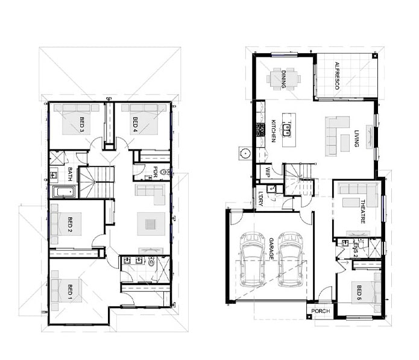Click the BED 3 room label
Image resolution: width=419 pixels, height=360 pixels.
pos(82,125)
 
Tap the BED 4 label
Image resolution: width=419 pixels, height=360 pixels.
pos(135,125)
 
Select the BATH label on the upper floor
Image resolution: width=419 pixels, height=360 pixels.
pos(70,174)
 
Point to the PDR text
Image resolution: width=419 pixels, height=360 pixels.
pos(155,172)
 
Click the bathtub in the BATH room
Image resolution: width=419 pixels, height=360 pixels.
pos(63,191)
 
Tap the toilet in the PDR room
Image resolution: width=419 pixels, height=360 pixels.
pos(164,172)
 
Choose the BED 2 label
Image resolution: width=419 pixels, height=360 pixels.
pos(70,224)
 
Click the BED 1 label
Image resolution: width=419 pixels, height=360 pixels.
pos(70,291)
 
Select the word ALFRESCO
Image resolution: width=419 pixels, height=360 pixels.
pos(337,75)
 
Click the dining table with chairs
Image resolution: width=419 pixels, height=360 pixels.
pos(283,79)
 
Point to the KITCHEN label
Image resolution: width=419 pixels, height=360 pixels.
pos(274,131)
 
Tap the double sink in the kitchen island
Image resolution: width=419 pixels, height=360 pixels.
pos(287,130)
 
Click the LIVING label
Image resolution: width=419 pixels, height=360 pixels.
pos(356,139)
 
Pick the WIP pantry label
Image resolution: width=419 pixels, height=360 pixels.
pos(268,172)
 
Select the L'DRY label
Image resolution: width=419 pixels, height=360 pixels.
pos(261,199)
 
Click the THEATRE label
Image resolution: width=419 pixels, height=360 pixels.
pos(362,212)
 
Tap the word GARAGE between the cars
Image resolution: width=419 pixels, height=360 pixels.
pos(271,248)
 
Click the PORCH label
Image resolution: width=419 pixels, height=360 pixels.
pos(321,311)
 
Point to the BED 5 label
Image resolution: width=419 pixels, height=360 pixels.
pos(359,292)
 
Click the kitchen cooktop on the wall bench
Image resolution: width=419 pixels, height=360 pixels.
pos(260,130)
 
